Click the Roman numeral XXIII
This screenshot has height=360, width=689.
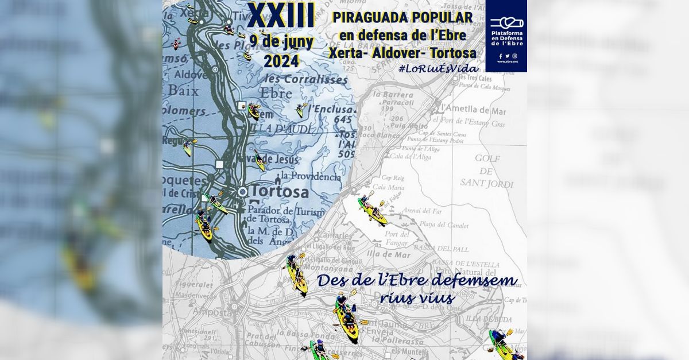(x=281, y=16)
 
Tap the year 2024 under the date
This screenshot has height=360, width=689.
(x=281, y=60)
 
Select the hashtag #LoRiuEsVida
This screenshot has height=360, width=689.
(x=438, y=68)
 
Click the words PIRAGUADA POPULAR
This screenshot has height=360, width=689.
(x=403, y=18)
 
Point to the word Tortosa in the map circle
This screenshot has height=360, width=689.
(x=280, y=192)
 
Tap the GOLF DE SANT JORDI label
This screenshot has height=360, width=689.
(x=486, y=171)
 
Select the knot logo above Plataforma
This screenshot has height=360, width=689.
(x=505, y=23)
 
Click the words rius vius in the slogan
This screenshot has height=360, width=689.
(x=417, y=298)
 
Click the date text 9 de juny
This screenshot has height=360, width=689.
(x=281, y=42)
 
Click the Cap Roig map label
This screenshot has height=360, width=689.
(x=393, y=178)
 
